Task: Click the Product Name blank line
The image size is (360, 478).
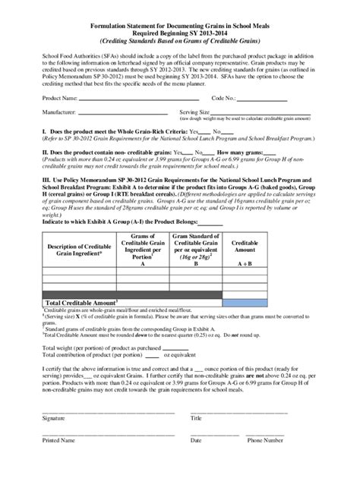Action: pos(137,99)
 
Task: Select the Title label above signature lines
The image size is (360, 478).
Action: pos(196,418)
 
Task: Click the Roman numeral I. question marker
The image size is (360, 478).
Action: pos(24,131)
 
